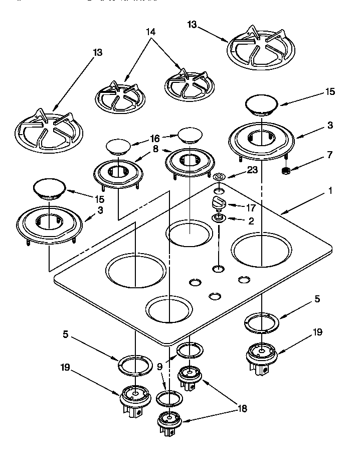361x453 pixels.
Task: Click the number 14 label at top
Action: (x=150, y=32)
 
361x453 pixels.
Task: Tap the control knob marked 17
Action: (x=219, y=203)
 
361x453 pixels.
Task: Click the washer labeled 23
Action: (x=219, y=177)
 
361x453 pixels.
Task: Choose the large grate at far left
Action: (x=45, y=130)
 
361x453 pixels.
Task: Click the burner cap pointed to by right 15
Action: (x=261, y=105)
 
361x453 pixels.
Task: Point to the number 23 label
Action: (x=252, y=170)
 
